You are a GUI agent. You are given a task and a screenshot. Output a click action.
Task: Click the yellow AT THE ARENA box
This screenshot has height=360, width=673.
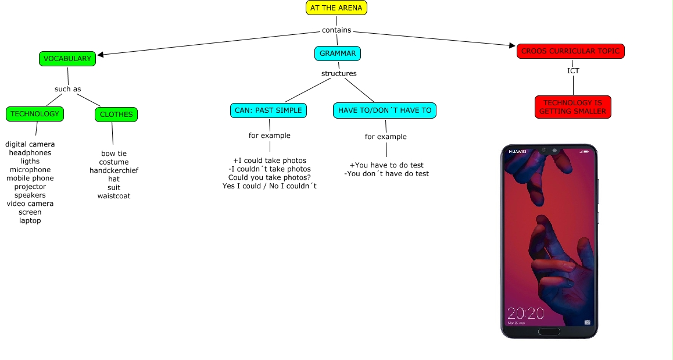pos(336,8)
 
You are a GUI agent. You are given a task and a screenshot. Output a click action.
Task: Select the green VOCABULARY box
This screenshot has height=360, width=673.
pos(67,58)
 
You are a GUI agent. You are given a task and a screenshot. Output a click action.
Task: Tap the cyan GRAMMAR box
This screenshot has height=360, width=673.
pos(337,54)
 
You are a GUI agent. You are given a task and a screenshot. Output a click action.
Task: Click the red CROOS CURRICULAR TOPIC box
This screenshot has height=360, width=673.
pos(570,51)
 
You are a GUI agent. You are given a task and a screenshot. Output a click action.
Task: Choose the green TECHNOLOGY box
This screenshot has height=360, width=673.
pos(35,114)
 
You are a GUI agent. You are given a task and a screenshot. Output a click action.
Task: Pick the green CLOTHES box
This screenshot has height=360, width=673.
pos(116,115)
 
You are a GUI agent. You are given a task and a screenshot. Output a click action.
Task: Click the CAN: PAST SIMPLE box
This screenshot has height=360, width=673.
pos(269,111)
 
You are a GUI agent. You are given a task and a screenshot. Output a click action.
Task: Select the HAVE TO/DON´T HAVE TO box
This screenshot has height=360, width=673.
pos(385,111)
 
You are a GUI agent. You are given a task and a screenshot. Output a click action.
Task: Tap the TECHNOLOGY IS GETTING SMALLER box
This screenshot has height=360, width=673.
pos(573,107)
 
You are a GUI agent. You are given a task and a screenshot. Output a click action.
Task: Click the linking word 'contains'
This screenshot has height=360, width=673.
pos(336,30)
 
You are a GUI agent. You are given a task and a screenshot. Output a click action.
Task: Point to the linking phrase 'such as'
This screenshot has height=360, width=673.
pos(68,89)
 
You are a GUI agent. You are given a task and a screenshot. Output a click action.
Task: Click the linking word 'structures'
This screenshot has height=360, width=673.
pos(339,73)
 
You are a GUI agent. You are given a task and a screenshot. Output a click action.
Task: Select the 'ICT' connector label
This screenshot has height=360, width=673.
pos(573,70)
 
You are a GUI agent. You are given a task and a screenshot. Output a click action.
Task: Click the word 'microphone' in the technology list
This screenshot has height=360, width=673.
pos(30,170)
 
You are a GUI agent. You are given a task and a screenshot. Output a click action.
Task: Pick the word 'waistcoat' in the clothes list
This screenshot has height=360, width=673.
pos(114,196)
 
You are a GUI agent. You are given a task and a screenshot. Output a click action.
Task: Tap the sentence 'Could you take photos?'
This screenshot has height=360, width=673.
pos(270,177)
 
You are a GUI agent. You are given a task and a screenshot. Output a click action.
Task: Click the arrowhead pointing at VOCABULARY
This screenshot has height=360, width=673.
pos(101,55)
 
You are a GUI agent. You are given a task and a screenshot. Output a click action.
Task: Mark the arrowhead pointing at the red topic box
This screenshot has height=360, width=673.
pos(512,45)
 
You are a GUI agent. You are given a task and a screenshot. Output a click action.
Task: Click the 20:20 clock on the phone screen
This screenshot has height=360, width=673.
pos(525,313)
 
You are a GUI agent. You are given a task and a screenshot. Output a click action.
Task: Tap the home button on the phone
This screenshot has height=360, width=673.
pos(549,332)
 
